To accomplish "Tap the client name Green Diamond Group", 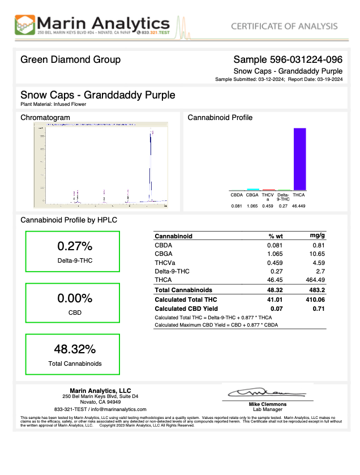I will tap(70, 59).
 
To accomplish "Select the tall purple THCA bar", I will tap(299, 159).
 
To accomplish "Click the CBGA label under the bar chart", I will tap(252, 195).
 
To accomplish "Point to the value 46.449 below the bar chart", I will tap(299, 206).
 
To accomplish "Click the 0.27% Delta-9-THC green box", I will tap(71, 252).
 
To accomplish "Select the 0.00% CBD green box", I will tap(71, 303).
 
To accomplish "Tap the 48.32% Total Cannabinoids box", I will tap(71, 354).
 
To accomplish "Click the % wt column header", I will tap(275, 236).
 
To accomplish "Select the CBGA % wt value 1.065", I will tap(275, 254).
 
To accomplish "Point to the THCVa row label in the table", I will tap(165, 263).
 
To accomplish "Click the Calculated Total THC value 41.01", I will tap(275, 299).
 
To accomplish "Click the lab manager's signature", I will tap(265, 392).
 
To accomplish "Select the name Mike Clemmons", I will tap(268, 404).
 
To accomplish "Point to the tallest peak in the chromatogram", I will tap(151, 136).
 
